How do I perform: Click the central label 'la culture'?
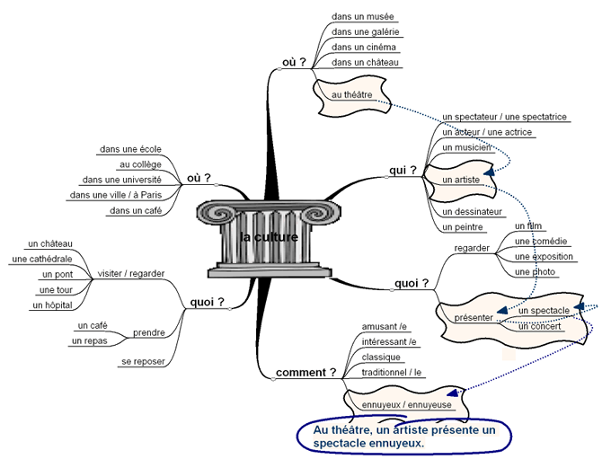[270, 237]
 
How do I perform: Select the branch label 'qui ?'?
[403, 171]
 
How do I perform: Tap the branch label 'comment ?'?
[305, 373]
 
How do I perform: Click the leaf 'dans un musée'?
[363, 17]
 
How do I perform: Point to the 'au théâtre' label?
[352, 94]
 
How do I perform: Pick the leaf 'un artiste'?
[461, 180]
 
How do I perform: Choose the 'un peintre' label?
[463, 227]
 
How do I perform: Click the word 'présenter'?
[474, 318]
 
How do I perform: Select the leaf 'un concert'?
[539, 327]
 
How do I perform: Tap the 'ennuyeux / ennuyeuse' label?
[406, 405]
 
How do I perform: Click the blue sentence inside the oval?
[404, 437]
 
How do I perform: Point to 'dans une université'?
[122, 180]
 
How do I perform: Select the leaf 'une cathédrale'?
[42, 259]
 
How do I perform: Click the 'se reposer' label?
[143, 362]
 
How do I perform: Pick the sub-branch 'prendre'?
[149, 332]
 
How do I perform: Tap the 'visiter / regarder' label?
[131, 274]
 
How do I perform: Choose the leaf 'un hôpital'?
[53, 305]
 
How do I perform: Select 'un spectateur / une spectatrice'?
[504, 117]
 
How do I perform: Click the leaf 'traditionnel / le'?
[391, 373]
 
